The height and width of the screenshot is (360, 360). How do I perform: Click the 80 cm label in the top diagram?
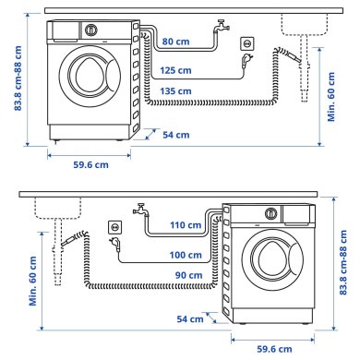(x=175, y=42)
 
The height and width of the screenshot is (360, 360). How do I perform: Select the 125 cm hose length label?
(x=175, y=70)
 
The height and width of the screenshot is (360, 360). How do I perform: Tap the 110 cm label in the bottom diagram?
(x=186, y=225)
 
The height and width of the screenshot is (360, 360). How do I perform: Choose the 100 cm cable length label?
(x=186, y=254)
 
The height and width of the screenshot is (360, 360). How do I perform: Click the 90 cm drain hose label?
(x=188, y=276)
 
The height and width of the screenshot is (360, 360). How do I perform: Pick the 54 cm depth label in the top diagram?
(x=175, y=136)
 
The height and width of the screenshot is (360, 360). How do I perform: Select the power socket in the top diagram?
(x=246, y=44)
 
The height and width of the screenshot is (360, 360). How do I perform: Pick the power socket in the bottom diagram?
(x=114, y=226)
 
